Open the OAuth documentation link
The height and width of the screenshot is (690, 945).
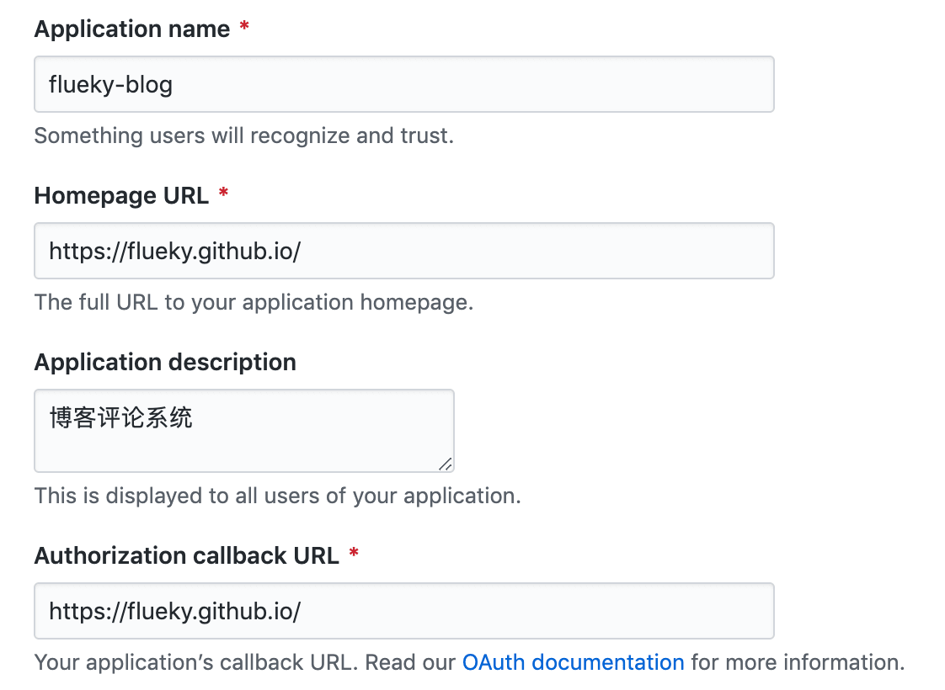[573, 662]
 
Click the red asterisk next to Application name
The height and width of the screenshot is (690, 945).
[244, 28]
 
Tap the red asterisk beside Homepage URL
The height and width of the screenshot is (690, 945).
[223, 194]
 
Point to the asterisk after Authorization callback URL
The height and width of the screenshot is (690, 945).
[354, 555]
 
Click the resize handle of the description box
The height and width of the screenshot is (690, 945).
[446, 463]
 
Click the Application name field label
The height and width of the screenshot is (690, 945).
[132, 29]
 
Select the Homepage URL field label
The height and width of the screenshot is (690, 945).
[121, 196]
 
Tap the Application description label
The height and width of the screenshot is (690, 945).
[165, 363]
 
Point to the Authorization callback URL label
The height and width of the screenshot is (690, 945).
[187, 556]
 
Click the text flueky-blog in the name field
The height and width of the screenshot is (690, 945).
[111, 85]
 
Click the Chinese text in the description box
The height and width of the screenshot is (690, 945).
[121, 417]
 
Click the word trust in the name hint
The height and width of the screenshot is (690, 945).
[426, 135]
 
